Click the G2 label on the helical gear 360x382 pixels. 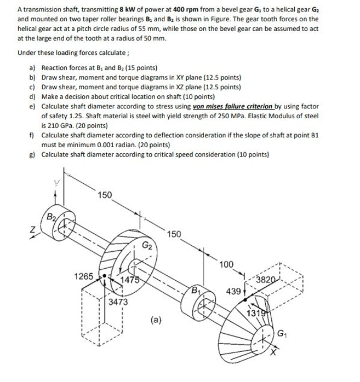(147, 245)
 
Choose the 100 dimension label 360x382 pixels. (226, 265)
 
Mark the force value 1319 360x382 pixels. (256, 313)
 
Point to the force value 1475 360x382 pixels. (130, 281)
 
